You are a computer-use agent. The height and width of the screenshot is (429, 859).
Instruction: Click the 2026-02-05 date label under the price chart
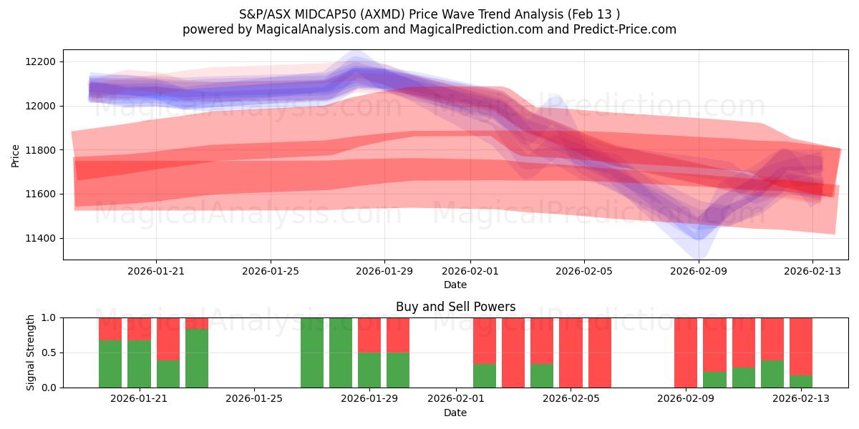[584, 271]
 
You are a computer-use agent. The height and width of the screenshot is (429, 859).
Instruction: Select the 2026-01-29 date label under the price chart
[384, 271]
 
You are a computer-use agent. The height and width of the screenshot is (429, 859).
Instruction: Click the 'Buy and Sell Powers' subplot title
[455, 307]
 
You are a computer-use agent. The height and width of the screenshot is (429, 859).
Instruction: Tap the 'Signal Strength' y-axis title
[31, 352]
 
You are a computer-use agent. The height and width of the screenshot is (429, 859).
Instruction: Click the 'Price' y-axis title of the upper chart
[16, 155]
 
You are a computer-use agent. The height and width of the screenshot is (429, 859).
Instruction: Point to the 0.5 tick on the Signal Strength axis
[49, 352]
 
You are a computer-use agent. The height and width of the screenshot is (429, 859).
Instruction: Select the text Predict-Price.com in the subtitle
[630, 29]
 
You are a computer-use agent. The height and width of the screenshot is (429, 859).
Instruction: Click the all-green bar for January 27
[312, 352]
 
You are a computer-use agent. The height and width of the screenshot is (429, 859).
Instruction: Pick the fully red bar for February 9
[686, 352]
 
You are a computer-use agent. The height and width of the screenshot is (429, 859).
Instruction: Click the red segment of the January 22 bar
[168, 338]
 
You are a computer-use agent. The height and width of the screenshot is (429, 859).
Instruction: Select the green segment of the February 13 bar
[801, 381]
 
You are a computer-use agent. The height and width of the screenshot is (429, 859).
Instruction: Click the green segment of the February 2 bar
[485, 375]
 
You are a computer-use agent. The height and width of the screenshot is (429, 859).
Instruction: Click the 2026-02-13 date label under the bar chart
[801, 399]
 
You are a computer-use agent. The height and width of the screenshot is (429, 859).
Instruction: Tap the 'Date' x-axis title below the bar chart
[455, 413]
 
